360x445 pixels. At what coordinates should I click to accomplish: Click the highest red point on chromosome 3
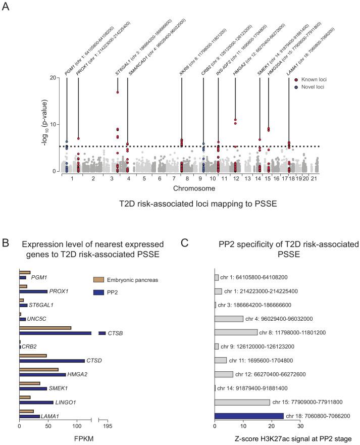click(x=117, y=92)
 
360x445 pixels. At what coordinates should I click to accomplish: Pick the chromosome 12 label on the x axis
click(x=235, y=179)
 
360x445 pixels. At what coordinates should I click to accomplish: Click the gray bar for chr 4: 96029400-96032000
click(x=229, y=319)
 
